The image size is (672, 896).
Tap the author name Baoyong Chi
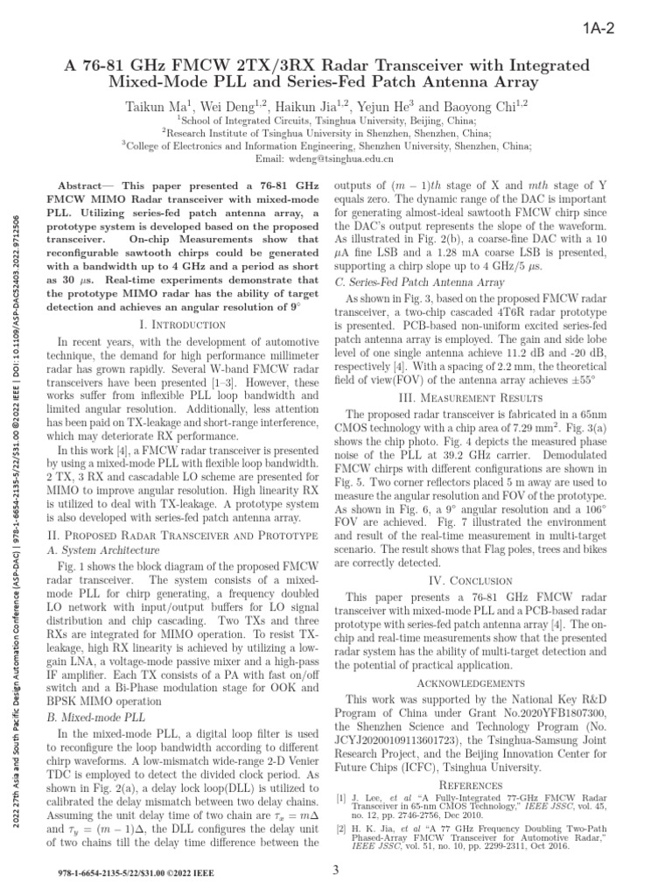pyautogui.click(x=484, y=105)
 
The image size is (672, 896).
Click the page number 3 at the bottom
pyautogui.click(x=335, y=870)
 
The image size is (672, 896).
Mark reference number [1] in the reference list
pyautogui.click(x=341, y=798)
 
